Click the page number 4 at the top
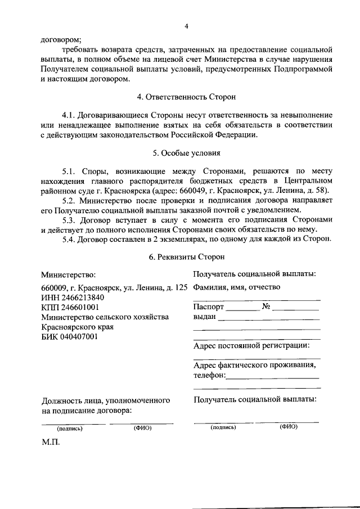coord(186,26)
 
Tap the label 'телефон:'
coord(209,375)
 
